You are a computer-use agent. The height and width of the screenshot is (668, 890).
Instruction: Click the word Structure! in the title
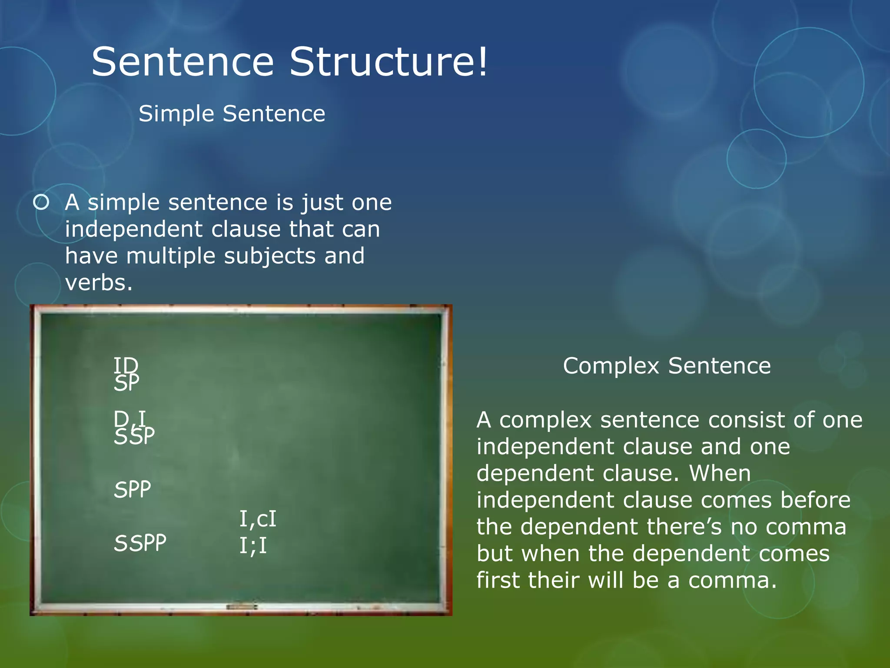(x=389, y=62)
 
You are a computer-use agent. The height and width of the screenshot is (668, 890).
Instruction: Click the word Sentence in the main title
(x=183, y=62)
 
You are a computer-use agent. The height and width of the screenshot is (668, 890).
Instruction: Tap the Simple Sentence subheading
(x=232, y=114)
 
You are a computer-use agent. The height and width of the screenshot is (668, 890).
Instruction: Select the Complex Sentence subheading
(x=667, y=366)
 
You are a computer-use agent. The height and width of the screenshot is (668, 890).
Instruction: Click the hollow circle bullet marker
(x=41, y=202)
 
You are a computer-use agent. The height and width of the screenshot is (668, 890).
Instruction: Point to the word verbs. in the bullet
(x=99, y=283)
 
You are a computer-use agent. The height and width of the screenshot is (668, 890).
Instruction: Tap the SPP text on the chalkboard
(x=133, y=489)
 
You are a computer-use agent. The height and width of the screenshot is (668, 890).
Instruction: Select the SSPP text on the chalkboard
(x=140, y=543)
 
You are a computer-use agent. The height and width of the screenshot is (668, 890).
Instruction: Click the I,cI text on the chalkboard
(x=258, y=519)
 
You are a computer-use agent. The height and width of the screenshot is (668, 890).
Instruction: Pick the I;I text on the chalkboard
(x=253, y=545)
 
